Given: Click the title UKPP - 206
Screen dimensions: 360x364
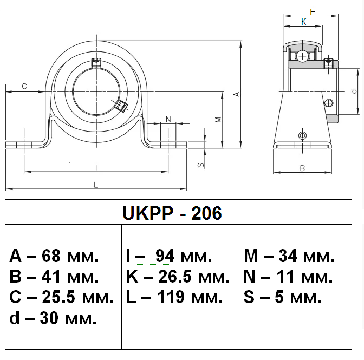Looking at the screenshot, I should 172,213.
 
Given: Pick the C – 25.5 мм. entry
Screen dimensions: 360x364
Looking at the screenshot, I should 62,297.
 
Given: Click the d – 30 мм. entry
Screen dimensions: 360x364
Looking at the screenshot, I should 53,318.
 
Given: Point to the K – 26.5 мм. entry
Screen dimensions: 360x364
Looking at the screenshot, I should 178,277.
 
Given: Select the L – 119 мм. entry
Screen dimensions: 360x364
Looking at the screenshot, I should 174,297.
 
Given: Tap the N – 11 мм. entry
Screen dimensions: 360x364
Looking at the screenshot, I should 288,277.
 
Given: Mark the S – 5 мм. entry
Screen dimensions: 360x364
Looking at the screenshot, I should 283,297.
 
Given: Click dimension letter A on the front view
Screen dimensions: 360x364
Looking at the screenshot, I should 236,94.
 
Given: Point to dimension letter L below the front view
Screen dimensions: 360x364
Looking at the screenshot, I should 96,185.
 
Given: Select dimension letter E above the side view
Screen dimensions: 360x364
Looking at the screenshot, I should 313,11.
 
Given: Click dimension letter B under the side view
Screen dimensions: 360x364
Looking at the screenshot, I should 302,168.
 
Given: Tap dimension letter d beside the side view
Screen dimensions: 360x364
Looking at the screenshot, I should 353,91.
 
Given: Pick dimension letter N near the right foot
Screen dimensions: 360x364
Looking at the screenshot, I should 168,119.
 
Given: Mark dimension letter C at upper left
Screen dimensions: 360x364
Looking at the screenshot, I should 24,86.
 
